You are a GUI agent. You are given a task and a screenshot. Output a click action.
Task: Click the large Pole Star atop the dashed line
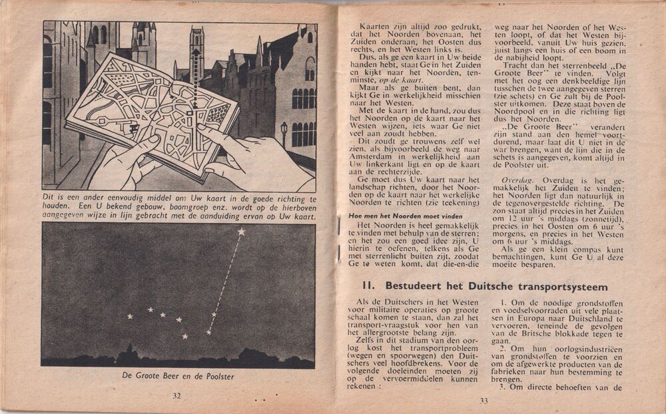click(x=241, y=232)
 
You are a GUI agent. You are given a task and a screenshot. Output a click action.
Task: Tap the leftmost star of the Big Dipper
click(x=131, y=315)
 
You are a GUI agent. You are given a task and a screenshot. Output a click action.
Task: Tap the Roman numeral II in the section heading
click(x=368, y=286)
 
